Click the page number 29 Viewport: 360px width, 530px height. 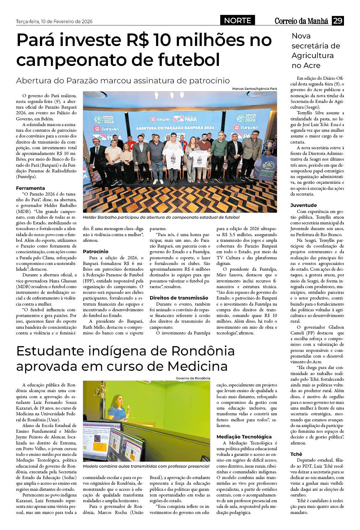[337, 21]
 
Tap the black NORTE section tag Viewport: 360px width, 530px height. [237, 21]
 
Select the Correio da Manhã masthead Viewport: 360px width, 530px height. [301, 21]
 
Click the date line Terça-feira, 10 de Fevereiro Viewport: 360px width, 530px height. [54, 21]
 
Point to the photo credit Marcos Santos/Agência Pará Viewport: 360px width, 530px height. [254, 89]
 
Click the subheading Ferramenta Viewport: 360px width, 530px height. [30, 188]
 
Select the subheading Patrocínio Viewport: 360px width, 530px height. [96, 251]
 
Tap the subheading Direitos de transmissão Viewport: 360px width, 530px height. [179, 298]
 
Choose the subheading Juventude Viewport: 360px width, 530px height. [303, 205]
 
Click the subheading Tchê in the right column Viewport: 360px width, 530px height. [296, 454]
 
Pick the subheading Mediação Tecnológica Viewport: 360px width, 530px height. [244, 437]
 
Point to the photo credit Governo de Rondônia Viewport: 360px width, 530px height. [193, 378]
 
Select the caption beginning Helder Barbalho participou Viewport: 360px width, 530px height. [161, 217]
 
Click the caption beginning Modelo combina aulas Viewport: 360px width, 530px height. [146, 466]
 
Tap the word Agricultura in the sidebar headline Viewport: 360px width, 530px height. [313, 56]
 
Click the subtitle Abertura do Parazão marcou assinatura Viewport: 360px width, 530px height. [123, 80]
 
